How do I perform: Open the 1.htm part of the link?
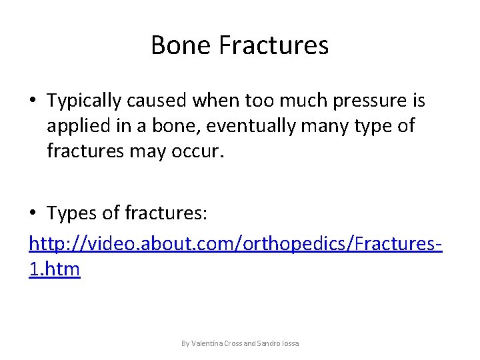(55, 269)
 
